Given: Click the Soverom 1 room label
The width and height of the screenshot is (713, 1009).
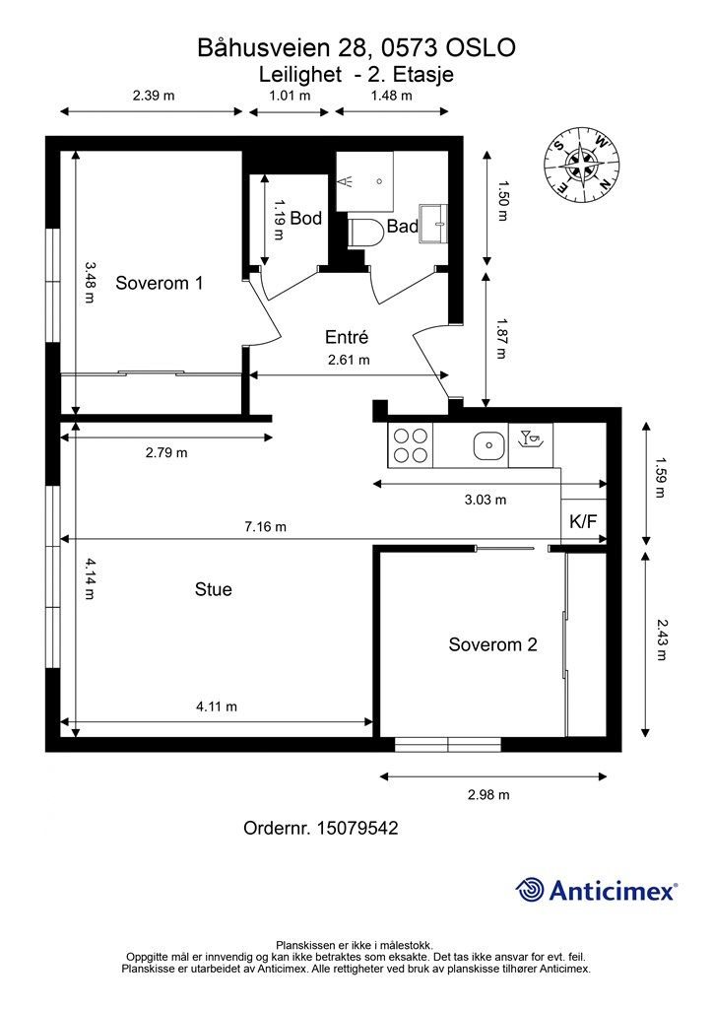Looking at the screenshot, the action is (x=159, y=283).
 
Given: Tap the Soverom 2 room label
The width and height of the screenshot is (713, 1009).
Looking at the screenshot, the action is (x=492, y=644).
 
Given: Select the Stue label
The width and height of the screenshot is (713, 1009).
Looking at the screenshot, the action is (x=214, y=589).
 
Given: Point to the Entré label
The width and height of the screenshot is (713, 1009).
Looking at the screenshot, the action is (x=347, y=337).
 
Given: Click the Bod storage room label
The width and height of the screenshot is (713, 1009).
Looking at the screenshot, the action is (x=305, y=218).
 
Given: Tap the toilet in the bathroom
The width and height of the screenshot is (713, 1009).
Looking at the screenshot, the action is (x=365, y=233).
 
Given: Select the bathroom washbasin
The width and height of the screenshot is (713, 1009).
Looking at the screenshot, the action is (x=433, y=224).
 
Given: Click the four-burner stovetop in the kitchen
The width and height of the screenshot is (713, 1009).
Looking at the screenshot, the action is (x=411, y=445).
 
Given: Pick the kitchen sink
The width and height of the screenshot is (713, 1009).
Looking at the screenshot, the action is (x=488, y=445).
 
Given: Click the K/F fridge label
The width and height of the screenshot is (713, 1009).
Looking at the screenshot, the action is (x=583, y=521).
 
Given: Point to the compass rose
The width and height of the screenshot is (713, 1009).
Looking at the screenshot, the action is (x=582, y=163).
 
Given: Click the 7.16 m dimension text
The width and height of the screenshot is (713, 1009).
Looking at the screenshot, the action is (x=266, y=527).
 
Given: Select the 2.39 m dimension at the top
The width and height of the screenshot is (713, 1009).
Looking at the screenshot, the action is (x=154, y=96).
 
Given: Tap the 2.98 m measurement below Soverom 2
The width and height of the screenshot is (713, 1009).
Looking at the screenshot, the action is (x=488, y=795).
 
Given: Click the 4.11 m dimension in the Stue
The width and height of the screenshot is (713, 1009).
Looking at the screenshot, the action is (x=217, y=706).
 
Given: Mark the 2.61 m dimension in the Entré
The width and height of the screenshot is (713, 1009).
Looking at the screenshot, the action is (x=349, y=360).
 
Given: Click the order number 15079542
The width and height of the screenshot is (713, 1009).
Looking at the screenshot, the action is (x=358, y=828).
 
